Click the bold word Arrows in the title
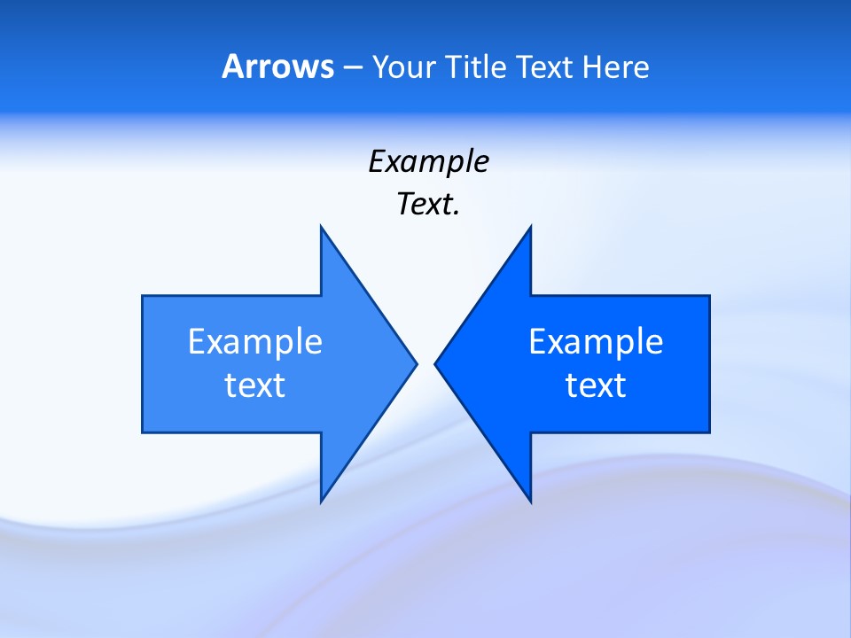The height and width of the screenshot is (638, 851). point(277,66)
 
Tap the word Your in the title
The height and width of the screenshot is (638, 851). point(405,66)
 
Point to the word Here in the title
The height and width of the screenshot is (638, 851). point(615,66)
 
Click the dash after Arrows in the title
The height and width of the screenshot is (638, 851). point(352,67)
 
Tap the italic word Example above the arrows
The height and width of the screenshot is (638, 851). point(428,162)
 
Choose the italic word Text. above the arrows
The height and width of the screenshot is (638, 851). point(428,205)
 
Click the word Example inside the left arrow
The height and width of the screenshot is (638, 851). point(255,342)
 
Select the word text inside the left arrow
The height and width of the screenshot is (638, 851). point(255,385)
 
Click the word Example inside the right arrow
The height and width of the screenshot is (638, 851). point(596,342)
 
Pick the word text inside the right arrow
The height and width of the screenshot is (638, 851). point(596,385)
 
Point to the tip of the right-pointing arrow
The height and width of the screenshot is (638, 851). point(417,363)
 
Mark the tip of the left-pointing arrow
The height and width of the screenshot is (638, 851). point(434,363)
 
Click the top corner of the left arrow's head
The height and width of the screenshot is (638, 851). point(321,226)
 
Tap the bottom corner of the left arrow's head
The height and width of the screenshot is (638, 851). point(321,502)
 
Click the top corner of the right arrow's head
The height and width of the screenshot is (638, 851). point(530,226)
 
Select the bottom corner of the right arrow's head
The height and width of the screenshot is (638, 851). point(530,502)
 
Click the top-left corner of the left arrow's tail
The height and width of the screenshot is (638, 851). point(142,296)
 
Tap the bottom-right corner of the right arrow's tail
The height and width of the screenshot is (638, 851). point(709,432)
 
